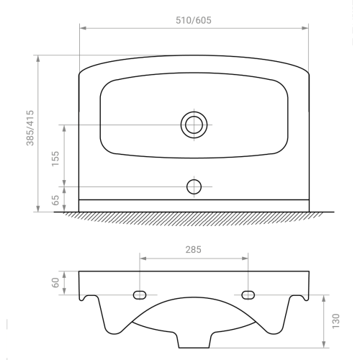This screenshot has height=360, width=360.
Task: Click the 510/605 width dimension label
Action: pos(194,20)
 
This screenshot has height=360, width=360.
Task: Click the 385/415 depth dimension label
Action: pos(30,128)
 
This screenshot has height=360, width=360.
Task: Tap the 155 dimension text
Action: pos(55,158)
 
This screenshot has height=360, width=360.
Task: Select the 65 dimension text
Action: pos(55,200)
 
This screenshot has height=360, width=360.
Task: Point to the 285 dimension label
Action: pos(193,250)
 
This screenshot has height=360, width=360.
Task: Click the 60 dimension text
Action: pos(55,283)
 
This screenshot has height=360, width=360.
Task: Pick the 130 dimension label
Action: pos(336,321)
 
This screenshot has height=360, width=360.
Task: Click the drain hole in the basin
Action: pos(194,125)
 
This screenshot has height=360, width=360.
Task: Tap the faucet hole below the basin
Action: pos(194,186)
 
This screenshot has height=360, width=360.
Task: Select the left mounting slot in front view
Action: pos(140,295)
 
